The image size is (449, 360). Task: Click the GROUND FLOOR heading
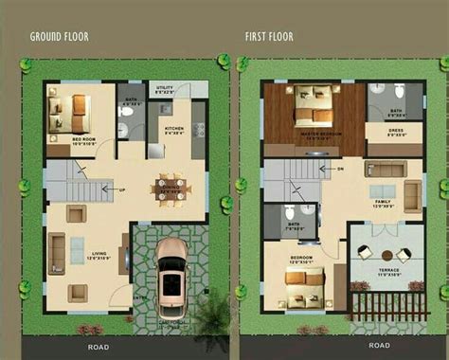tap(60, 37)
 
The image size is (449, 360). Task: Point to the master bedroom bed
tap(312, 107)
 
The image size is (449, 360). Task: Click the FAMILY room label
tap(383, 201)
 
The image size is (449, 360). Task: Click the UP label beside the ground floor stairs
tap(122, 189)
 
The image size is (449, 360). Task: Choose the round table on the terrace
tap(388, 252)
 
